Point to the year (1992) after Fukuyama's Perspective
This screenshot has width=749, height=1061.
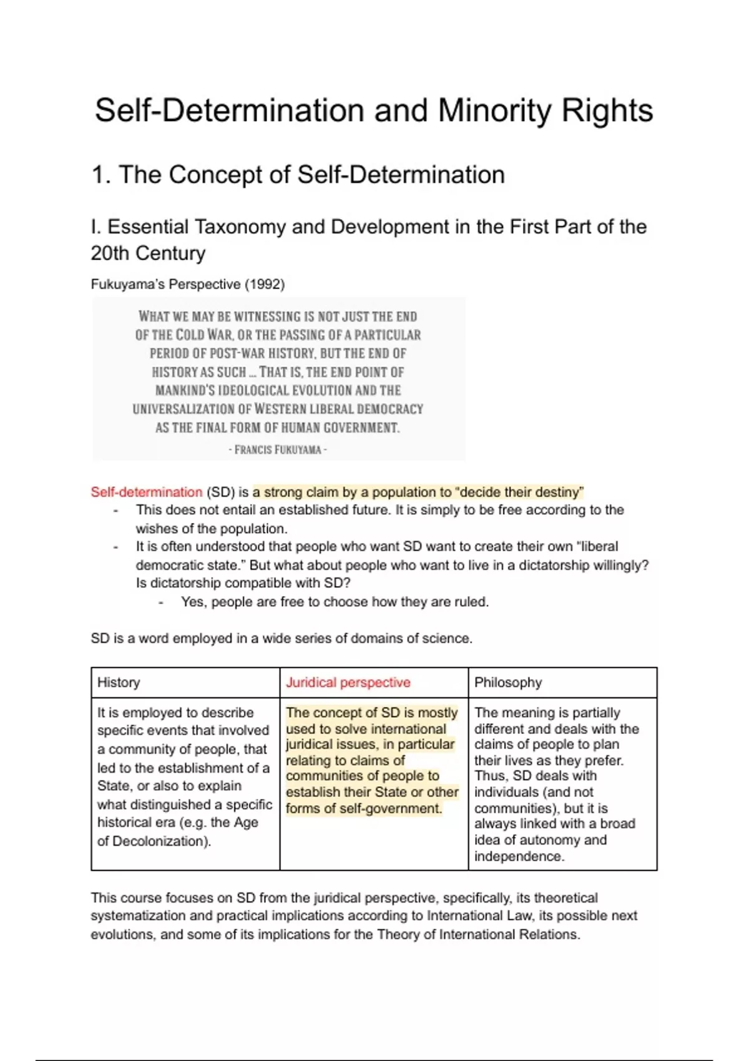coord(265,285)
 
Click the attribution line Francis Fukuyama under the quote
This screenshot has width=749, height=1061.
coord(278,449)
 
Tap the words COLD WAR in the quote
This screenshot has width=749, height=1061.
coord(204,335)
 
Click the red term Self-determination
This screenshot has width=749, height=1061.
coord(147,492)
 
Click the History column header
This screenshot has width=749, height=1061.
coord(119,682)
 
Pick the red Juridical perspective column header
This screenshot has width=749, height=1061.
coord(348,682)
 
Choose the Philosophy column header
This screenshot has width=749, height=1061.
coord(508,682)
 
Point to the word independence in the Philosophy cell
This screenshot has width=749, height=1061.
coord(519,856)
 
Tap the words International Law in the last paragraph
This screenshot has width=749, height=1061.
coord(479,916)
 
